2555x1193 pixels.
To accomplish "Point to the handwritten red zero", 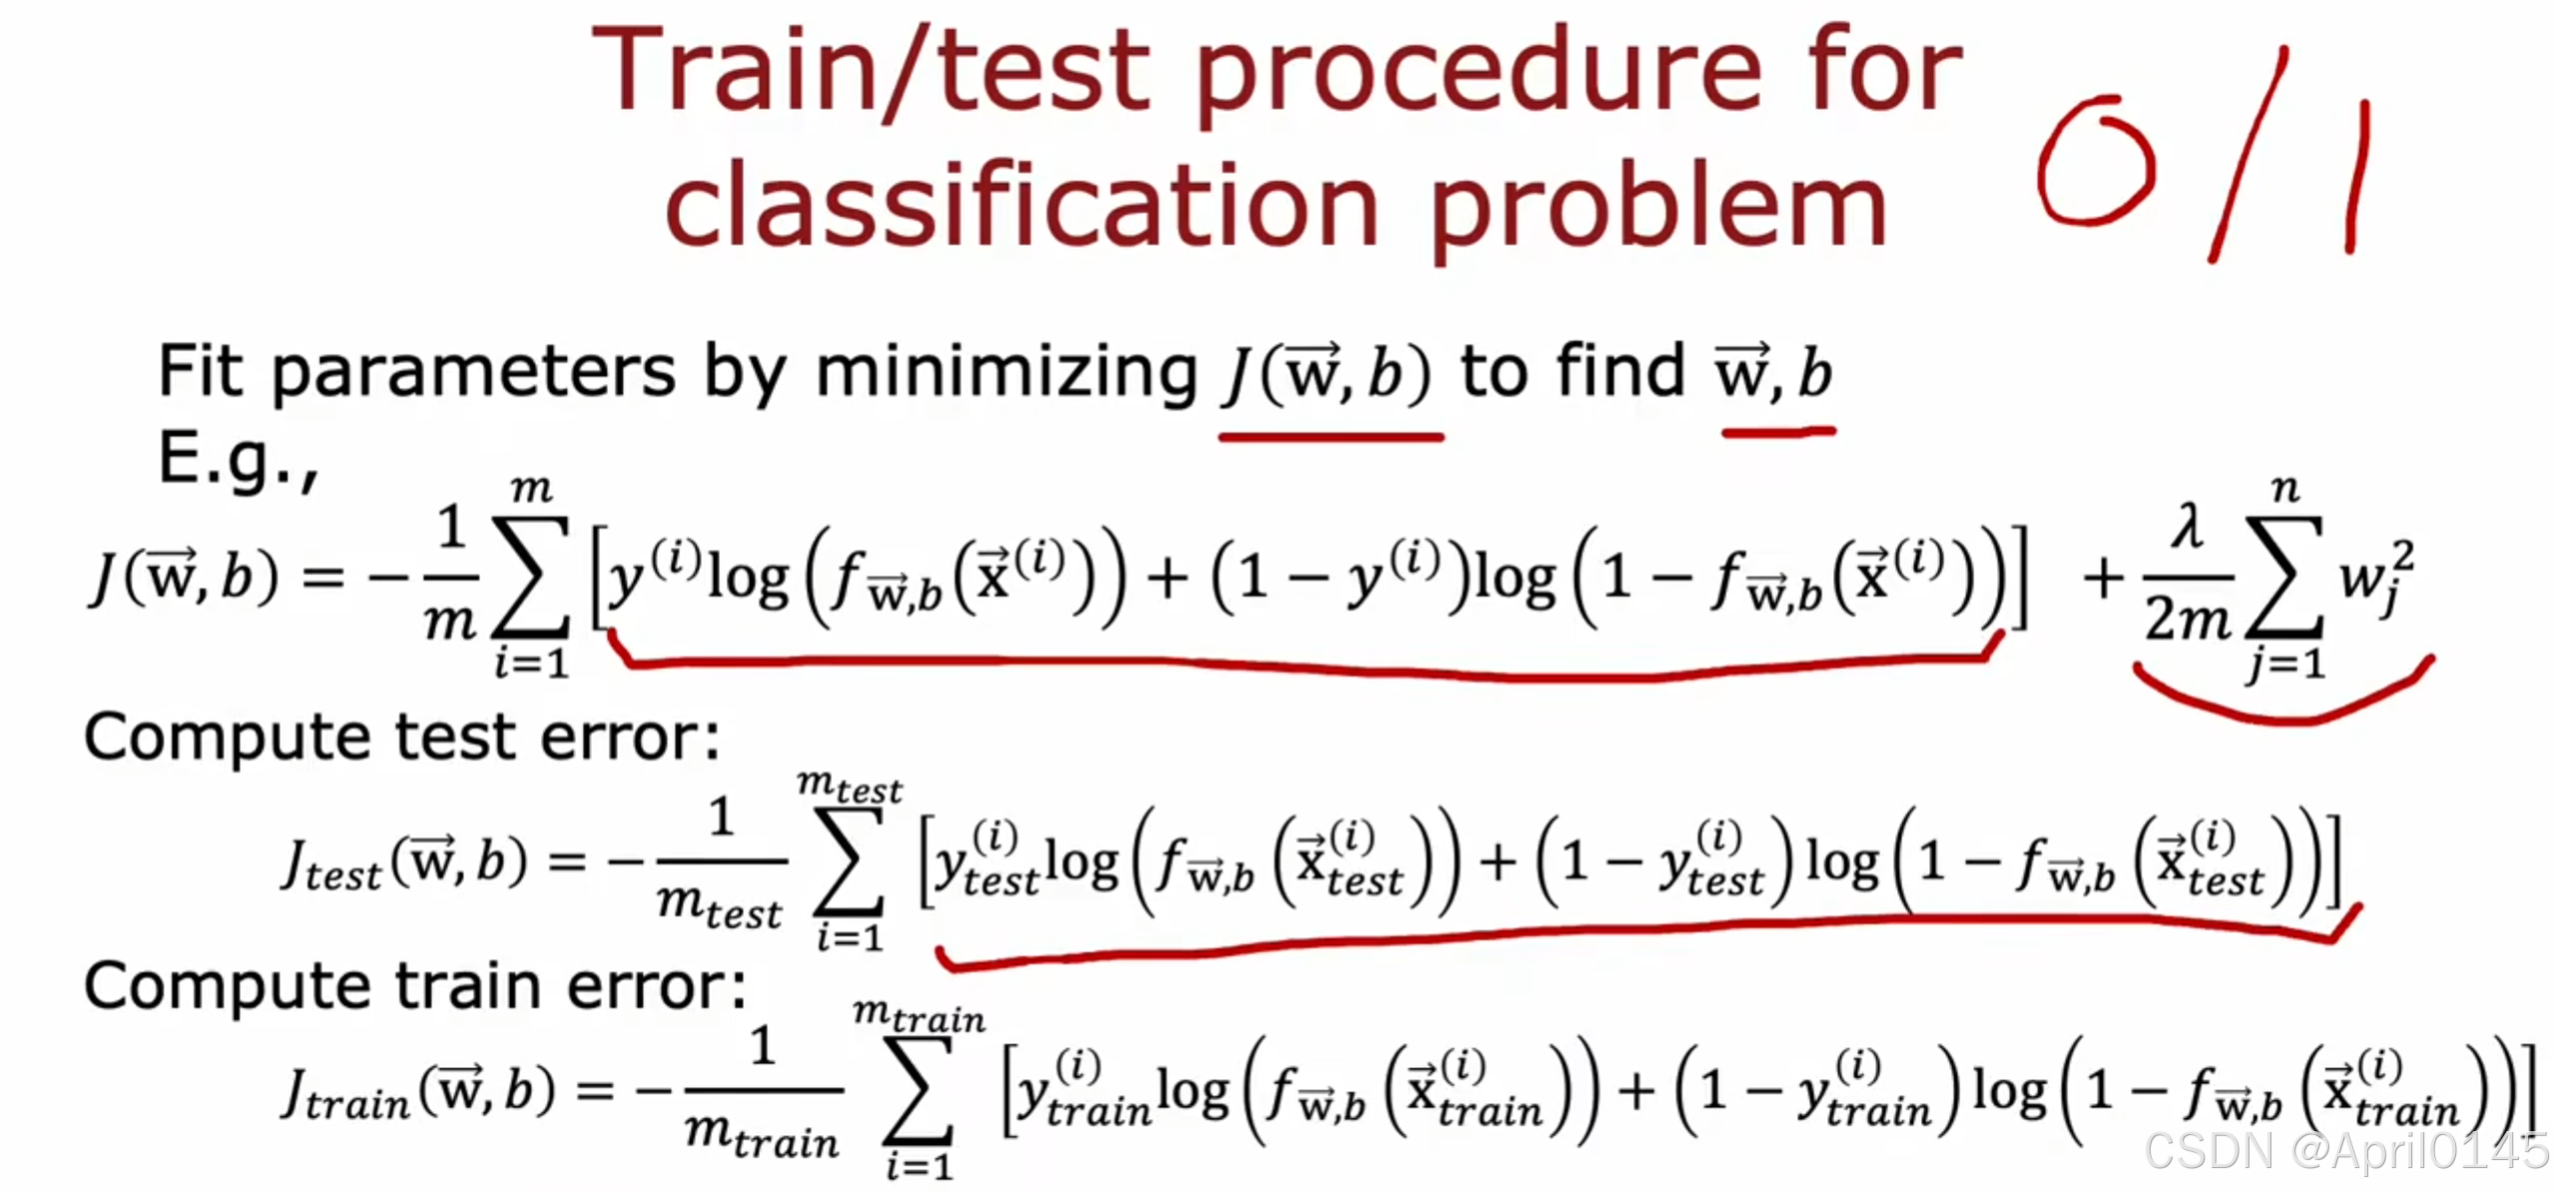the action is point(2095,162).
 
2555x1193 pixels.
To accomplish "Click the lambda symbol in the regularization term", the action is point(2187,527).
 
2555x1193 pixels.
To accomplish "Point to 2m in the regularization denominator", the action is point(2187,621).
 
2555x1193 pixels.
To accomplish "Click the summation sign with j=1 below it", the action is point(2284,579).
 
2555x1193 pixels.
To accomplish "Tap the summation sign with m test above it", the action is point(850,861).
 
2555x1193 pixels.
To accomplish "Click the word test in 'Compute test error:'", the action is point(455,739).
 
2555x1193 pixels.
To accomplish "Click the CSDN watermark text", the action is point(2345,1151).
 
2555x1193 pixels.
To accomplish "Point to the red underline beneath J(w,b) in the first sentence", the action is point(1330,437).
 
